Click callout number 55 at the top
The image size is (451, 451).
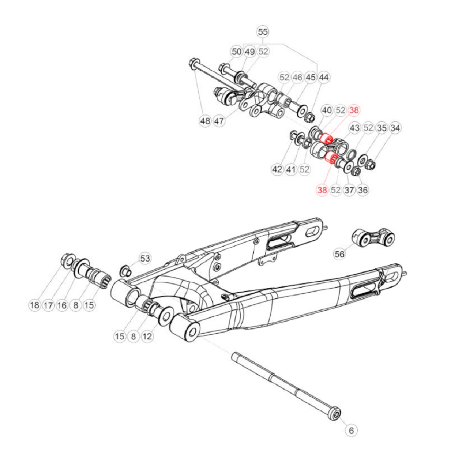262,32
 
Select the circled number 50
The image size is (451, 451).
236,52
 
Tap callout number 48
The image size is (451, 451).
205,121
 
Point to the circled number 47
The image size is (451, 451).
219,121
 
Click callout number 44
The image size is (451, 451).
323,78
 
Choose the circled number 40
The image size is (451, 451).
327,110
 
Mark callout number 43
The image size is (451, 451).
355,128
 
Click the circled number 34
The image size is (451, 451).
396,128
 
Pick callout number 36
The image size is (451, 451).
363,190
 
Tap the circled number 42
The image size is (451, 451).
276,170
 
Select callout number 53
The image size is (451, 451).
144,258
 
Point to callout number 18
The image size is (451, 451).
35,305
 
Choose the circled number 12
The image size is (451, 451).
147,336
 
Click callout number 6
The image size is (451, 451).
351,430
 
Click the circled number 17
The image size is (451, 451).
48,305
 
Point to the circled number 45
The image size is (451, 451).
310,78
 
